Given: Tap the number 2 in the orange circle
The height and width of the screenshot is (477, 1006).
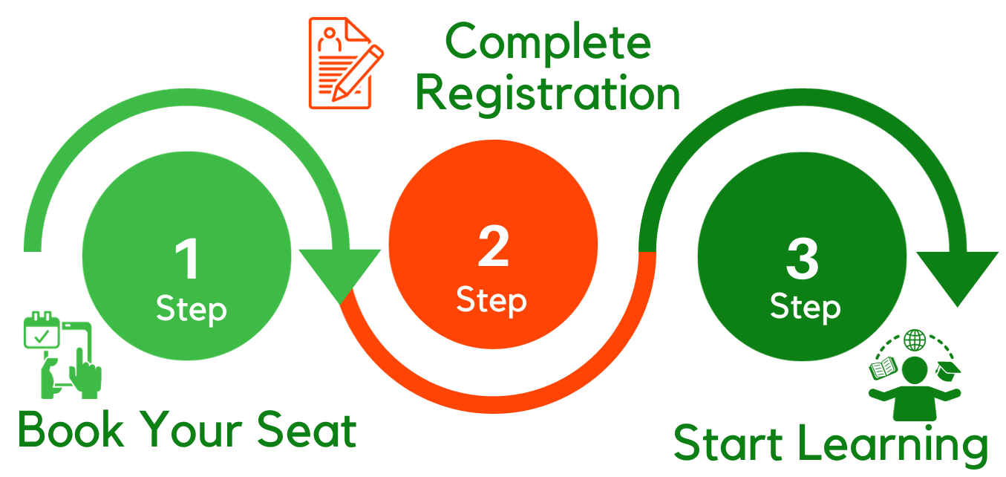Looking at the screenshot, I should (x=493, y=247).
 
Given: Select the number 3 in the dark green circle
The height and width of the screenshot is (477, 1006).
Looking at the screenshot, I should (x=802, y=259).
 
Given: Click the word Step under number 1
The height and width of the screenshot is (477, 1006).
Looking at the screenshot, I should (x=191, y=309).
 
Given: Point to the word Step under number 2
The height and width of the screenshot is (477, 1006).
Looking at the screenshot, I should (x=491, y=300).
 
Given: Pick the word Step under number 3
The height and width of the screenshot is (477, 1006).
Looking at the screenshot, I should (x=806, y=307).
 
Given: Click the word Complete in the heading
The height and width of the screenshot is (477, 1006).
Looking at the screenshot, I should (x=549, y=43).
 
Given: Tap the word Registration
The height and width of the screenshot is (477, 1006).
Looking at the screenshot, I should (x=548, y=94).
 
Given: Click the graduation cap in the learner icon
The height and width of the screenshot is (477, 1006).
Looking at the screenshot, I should (x=948, y=368).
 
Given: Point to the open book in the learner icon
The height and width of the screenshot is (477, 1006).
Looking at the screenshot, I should (x=883, y=368).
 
